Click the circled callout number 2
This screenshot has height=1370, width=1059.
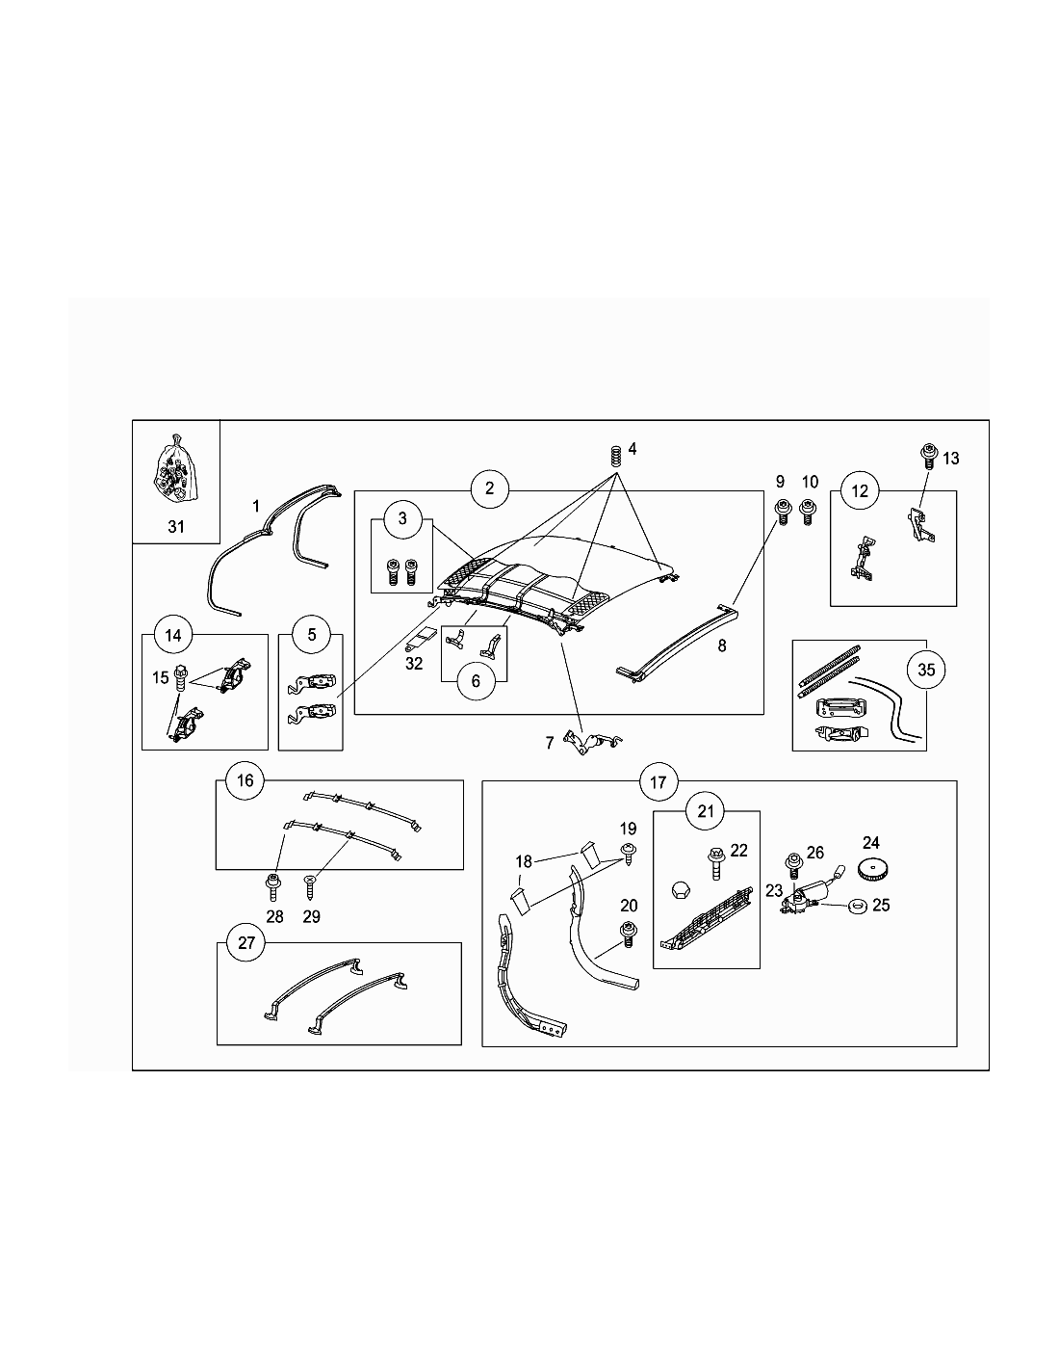pyautogui.click(x=489, y=488)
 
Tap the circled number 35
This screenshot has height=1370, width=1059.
pyautogui.click(x=925, y=670)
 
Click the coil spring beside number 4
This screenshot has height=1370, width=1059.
pyautogui.click(x=616, y=454)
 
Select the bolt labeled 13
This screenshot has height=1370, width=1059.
pyautogui.click(x=929, y=457)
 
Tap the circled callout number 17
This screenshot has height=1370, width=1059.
pyautogui.click(x=658, y=782)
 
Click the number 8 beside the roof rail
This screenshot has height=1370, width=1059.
pyautogui.click(x=722, y=645)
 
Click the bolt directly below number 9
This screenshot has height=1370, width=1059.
pyautogui.click(x=783, y=512)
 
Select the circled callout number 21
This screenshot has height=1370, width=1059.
pyautogui.click(x=706, y=811)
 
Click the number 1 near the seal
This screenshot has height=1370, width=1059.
pyautogui.click(x=256, y=506)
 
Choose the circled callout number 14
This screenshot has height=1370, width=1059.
pyautogui.click(x=173, y=635)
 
